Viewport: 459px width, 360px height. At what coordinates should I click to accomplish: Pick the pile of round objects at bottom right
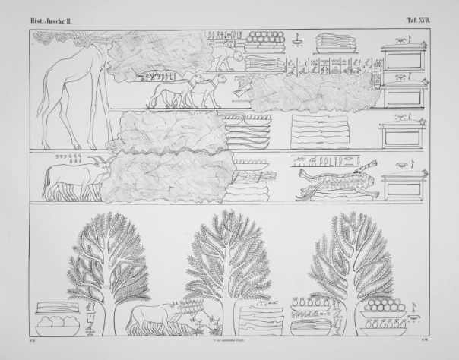[x=384, y=308]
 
